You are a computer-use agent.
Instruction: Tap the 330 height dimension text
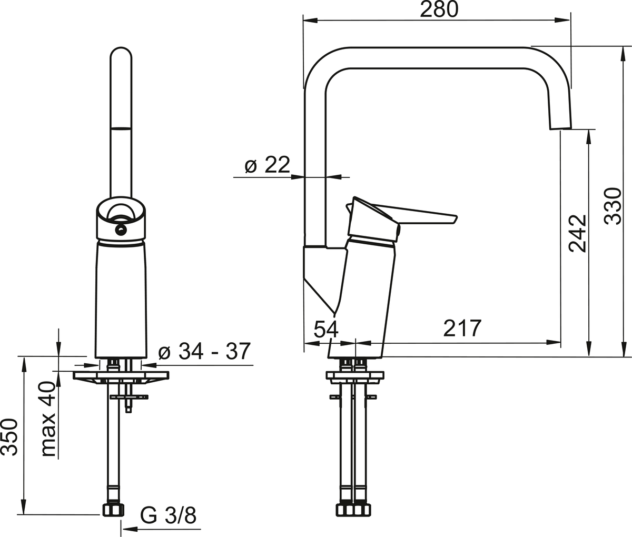coord(614,206)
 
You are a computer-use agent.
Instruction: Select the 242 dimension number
coord(578,234)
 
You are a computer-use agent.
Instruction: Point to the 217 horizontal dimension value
coord(462,329)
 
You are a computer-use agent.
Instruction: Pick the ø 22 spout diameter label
coord(267,165)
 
